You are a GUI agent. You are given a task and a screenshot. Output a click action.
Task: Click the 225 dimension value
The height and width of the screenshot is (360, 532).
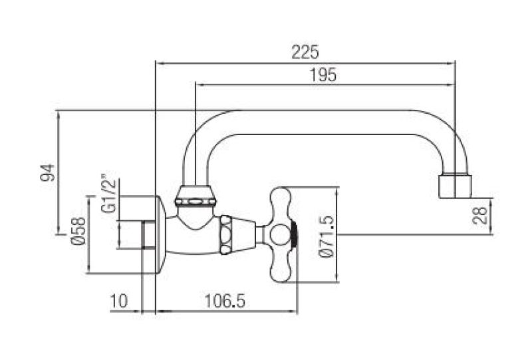coord(305,51)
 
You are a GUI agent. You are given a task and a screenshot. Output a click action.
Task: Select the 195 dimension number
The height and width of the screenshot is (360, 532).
coord(324,75)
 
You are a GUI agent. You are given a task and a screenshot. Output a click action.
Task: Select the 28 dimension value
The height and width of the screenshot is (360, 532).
coord(482,215)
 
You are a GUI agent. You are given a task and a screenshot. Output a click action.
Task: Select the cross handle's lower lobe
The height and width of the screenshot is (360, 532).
coord(281,267)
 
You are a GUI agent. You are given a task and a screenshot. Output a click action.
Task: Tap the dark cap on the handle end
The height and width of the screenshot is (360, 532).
coord(293,234)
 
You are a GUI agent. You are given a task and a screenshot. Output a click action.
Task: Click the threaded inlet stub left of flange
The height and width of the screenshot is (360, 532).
coord(148,234)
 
